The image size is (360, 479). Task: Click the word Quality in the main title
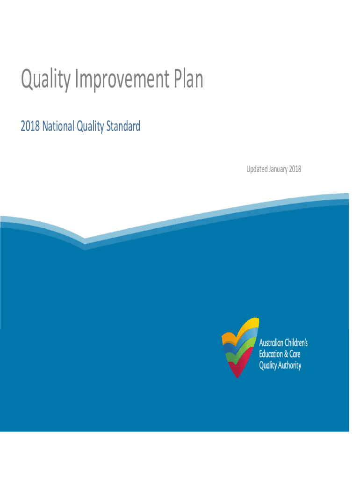46,80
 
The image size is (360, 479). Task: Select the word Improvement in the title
122,80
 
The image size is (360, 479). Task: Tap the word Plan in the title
188,78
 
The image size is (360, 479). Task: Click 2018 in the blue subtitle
30,126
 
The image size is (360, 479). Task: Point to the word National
58,126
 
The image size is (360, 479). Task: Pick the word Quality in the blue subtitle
90,126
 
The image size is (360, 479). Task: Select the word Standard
123,126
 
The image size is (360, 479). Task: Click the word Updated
257,169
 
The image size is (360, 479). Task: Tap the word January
278,169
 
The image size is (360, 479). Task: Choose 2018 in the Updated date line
295,169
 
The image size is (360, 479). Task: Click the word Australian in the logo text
271,343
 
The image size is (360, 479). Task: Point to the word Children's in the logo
296,342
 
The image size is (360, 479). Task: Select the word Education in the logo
271,354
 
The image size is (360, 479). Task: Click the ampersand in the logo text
286,354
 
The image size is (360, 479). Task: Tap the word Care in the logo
295,354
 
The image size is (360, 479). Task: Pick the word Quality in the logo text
268,366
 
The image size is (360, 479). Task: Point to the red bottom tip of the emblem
237,377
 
